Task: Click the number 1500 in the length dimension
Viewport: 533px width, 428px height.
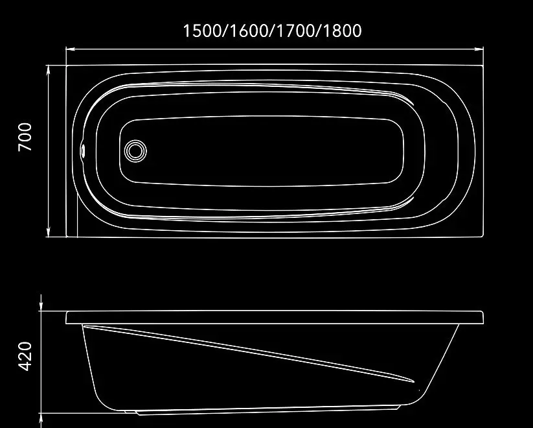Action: [x=202, y=30]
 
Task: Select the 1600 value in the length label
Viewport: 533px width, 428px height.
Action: [x=248, y=30]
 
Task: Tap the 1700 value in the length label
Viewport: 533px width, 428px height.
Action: [x=295, y=30]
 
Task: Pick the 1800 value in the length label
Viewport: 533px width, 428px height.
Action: [x=341, y=30]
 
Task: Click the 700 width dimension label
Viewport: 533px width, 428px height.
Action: [x=25, y=137]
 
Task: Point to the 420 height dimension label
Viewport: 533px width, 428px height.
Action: [x=25, y=356]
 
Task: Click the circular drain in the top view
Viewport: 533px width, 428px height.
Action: [x=135, y=151]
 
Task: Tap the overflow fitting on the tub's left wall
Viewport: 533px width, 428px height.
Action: [x=83, y=150]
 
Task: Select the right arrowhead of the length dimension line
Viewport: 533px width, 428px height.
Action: [x=479, y=49]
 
